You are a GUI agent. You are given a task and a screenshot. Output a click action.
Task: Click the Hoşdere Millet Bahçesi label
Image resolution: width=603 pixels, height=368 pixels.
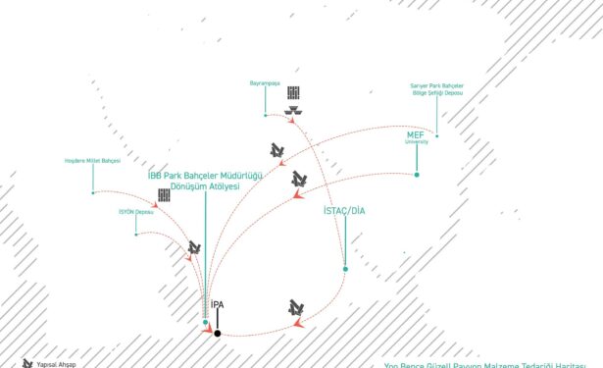[x=91, y=159]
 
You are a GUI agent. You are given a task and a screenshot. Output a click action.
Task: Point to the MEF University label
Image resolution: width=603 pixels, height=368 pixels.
[x=418, y=137]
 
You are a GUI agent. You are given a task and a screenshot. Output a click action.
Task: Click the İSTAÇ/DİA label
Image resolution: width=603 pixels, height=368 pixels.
[x=343, y=211]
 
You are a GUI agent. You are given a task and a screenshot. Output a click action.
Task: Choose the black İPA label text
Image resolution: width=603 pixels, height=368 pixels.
[x=218, y=305]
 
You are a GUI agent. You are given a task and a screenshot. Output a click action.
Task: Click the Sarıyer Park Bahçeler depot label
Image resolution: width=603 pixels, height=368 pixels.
[x=436, y=89]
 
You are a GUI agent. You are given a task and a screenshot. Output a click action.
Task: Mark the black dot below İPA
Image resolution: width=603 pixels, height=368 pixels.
[x=218, y=334]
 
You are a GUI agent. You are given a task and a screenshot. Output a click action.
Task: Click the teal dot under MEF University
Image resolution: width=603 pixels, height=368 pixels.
[x=417, y=175]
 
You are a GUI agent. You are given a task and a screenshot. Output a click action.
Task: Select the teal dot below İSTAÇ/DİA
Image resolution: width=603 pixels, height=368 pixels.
[x=344, y=268]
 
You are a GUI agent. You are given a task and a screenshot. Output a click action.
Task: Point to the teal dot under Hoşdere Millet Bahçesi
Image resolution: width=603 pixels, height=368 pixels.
[x=93, y=192]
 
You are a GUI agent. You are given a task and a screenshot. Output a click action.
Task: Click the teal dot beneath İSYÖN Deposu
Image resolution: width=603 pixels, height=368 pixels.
[x=135, y=234]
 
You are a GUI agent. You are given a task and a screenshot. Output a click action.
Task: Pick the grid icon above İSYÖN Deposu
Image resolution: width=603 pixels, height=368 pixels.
[x=164, y=195]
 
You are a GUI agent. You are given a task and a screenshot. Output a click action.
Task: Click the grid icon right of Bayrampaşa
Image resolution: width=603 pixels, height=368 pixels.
[x=293, y=92]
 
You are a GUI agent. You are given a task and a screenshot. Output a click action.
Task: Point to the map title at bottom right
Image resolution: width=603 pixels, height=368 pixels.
[x=490, y=362]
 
